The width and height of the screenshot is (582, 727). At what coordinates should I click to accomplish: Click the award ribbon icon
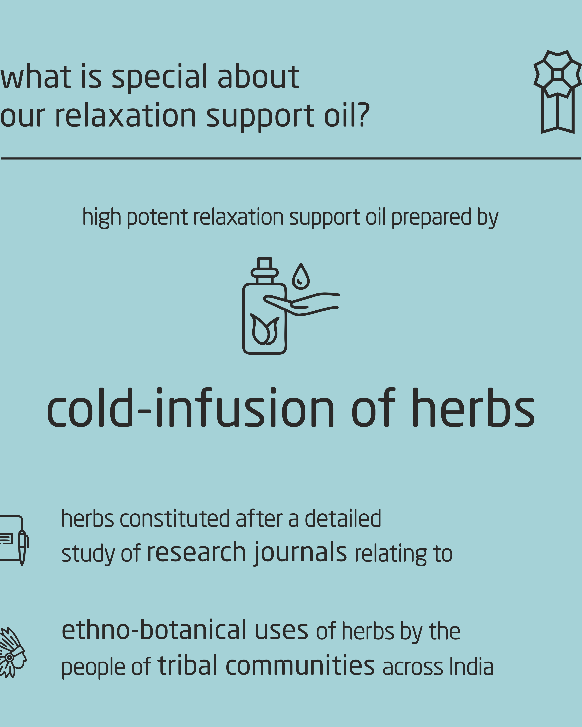pyautogui.click(x=557, y=92)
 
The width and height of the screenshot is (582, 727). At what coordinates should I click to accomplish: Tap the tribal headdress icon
pyautogui.click(x=13, y=652)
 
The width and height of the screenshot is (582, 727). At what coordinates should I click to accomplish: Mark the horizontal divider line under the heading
pyautogui.click(x=291, y=158)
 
